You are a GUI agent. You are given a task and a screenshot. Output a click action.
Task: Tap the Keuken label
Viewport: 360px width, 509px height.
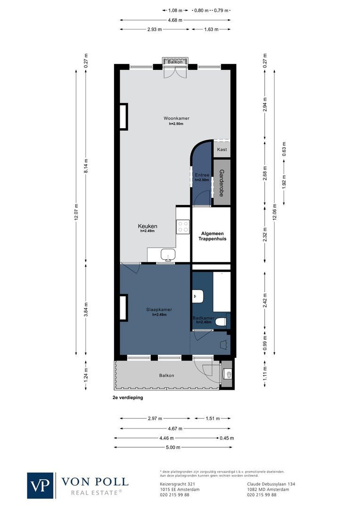point(147,226)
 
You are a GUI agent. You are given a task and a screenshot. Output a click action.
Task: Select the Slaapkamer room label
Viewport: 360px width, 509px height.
point(159,310)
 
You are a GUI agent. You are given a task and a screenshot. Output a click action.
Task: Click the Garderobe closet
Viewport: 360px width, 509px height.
point(221,182)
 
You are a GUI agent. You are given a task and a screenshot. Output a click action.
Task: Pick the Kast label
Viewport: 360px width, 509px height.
point(222,149)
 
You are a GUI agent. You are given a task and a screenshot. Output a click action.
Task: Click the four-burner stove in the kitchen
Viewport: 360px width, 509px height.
point(183,227)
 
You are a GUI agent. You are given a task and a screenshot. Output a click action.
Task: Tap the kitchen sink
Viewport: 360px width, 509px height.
point(167,255)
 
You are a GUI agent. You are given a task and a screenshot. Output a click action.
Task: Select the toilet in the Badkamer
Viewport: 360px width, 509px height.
point(221,322)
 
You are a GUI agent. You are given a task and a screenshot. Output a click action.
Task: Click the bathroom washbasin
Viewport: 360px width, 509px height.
point(198,296)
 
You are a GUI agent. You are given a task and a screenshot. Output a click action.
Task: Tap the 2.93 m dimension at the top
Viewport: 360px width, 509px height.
point(154,29)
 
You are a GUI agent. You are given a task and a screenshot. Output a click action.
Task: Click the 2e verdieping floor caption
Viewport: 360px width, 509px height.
point(127,397)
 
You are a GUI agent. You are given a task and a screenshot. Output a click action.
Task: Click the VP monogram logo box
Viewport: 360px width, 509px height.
point(41,485)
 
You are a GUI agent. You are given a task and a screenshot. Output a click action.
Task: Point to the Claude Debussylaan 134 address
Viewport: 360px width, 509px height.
point(271,484)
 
